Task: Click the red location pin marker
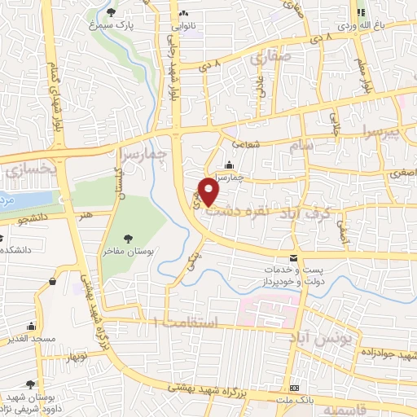[210, 191]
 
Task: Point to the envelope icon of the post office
[293, 257]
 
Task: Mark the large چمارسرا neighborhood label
[155, 152]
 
